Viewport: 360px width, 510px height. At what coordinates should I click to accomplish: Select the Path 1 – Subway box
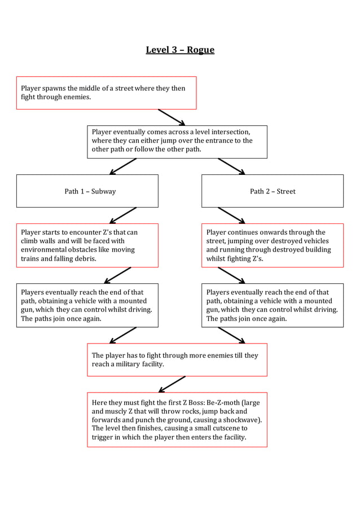point(87,191)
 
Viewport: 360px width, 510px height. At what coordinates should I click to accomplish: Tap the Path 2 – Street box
point(273,191)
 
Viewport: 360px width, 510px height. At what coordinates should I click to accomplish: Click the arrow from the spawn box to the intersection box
point(172,117)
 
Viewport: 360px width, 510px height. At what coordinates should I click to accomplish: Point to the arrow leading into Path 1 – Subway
point(123,166)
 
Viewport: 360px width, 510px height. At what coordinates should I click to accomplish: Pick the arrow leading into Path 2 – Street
point(231,166)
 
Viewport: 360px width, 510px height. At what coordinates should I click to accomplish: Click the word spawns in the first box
point(55,89)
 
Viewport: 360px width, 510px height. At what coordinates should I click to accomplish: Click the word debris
point(85,258)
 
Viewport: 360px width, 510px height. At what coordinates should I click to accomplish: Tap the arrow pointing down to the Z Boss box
point(172,384)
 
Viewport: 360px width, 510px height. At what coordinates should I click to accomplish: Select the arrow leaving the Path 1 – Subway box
point(123,216)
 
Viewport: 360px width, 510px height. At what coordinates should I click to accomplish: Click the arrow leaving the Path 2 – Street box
point(231,216)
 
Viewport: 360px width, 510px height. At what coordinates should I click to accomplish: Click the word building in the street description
point(315,250)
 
